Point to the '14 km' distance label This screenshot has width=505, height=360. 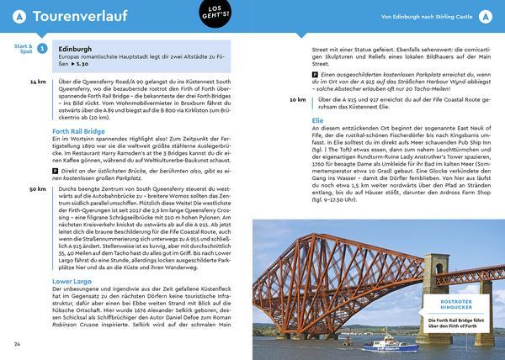[x=37, y=82]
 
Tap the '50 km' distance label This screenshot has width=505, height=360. [x=37, y=189]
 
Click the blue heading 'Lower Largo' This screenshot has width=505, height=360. [x=74, y=278]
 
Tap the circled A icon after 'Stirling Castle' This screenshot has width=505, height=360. [x=485, y=17]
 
